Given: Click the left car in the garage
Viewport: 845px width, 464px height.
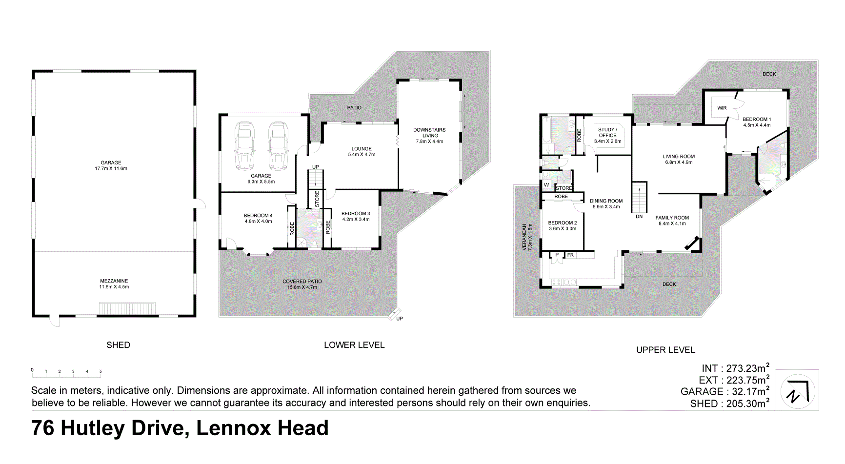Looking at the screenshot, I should pyautogui.click(x=244, y=145).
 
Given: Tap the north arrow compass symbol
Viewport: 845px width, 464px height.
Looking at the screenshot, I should pyautogui.click(x=797, y=391).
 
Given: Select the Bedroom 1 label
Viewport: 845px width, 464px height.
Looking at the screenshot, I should pyautogui.click(x=757, y=119).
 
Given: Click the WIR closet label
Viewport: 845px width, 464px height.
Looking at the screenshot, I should pyautogui.click(x=722, y=108).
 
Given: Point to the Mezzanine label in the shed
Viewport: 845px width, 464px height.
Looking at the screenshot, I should pyautogui.click(x=114, y=281).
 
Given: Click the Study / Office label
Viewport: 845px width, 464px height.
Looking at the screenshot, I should pyautogui.click(x=607, y=132).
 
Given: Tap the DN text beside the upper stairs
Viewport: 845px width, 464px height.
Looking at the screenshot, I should pyautogui.click(x=639, y=217).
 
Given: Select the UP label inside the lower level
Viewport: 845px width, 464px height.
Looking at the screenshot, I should pyautogui.click(x=316, y=167).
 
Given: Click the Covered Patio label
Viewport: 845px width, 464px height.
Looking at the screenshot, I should pyautogui.click(x=302, y=282).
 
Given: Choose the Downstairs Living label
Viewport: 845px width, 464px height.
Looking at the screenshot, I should pyautogui.click(x=429, y=133).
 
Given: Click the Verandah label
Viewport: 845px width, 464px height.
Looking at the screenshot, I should pyautogui.click(x=524, y=237).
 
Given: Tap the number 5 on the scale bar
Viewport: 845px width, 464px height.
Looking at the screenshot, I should pyautogui.click(x=101, y=372).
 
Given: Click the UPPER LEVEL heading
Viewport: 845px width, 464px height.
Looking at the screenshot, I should pyautogui.click(x=665, y=350).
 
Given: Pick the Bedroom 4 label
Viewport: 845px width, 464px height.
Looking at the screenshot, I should pyautogui.click(x=258, y=216).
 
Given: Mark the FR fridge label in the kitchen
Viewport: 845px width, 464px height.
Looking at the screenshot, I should pyautogui.click(x=570, y=255).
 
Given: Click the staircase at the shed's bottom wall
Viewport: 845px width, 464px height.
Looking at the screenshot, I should pyautogui.click(x=127, y=309).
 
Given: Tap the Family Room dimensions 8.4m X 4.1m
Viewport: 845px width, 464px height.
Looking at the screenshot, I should pyautogui.click(x=672, y=224).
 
